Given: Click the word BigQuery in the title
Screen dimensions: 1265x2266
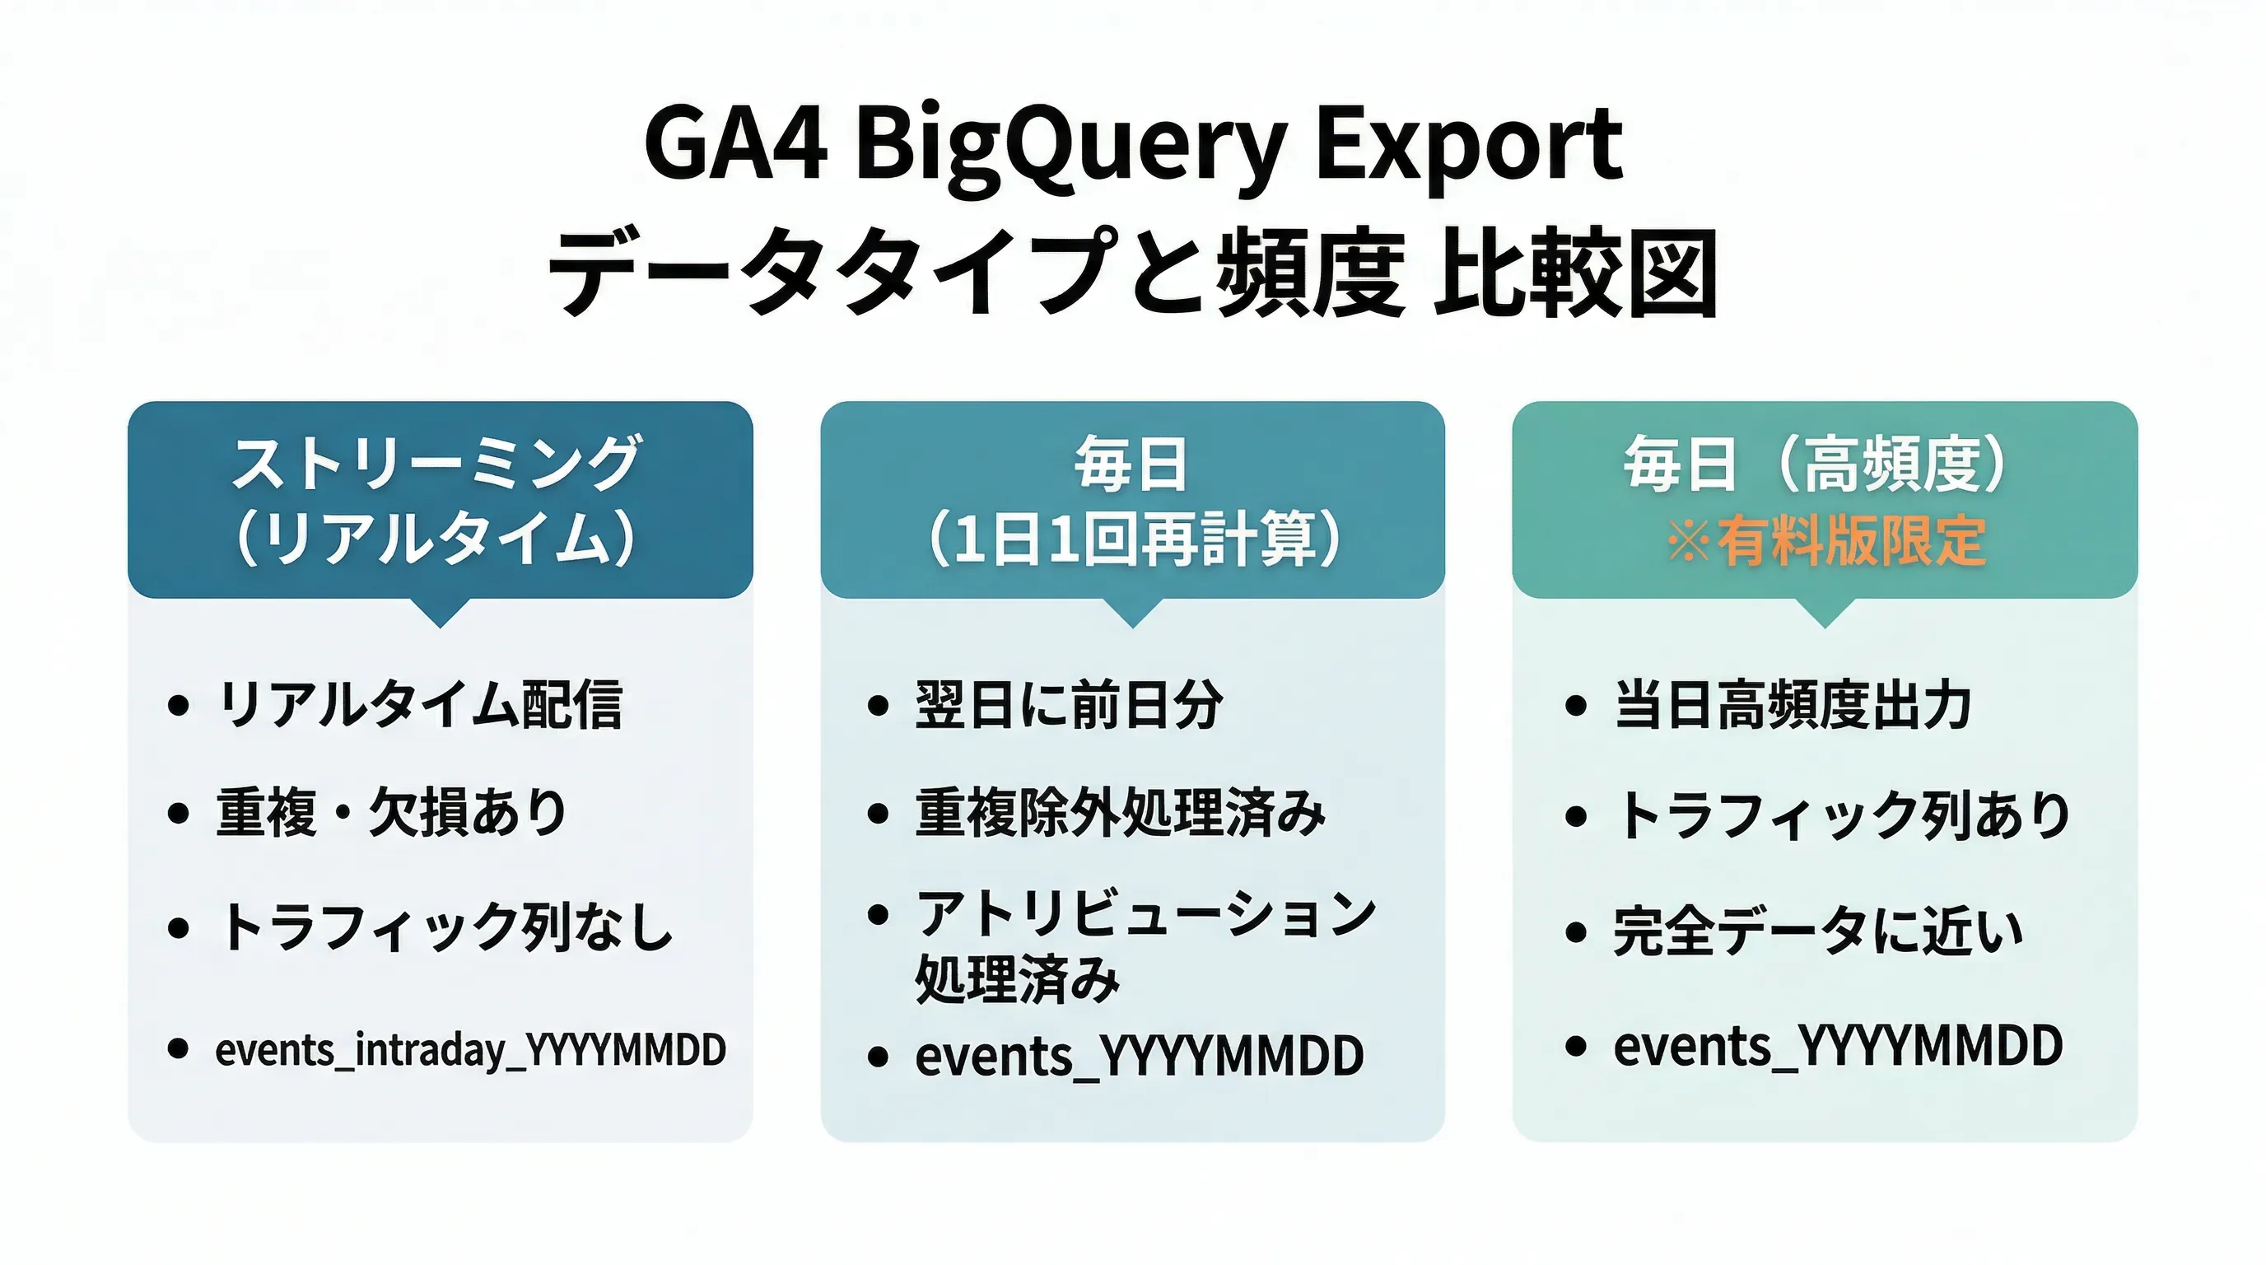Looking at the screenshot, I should pos(1071,145).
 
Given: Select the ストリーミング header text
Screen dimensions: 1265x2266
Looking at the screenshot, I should pos(436,463).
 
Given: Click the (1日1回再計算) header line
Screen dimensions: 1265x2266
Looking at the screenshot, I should pos(1133,539).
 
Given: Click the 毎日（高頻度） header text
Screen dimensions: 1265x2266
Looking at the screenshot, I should pos(1817,463).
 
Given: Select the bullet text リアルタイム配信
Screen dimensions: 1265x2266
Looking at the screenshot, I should pos(420,705).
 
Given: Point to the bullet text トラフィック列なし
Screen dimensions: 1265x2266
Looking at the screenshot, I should pos(445,927).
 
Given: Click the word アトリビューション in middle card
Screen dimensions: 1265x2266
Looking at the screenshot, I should pos(1145,913).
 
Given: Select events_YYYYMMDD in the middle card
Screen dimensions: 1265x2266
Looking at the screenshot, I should pos(1138,1056).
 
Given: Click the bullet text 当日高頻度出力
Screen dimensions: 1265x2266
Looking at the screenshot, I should pos(1792,705).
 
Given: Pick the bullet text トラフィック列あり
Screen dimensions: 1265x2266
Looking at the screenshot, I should pos(1842,815).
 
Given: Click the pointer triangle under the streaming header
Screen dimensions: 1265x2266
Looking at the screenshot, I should pos(440,611).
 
